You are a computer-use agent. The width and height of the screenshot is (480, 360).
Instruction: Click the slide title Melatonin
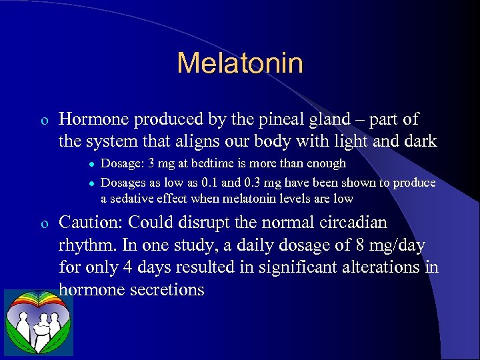tap(240, 63)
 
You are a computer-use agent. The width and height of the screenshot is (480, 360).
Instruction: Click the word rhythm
tap(87, 245)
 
